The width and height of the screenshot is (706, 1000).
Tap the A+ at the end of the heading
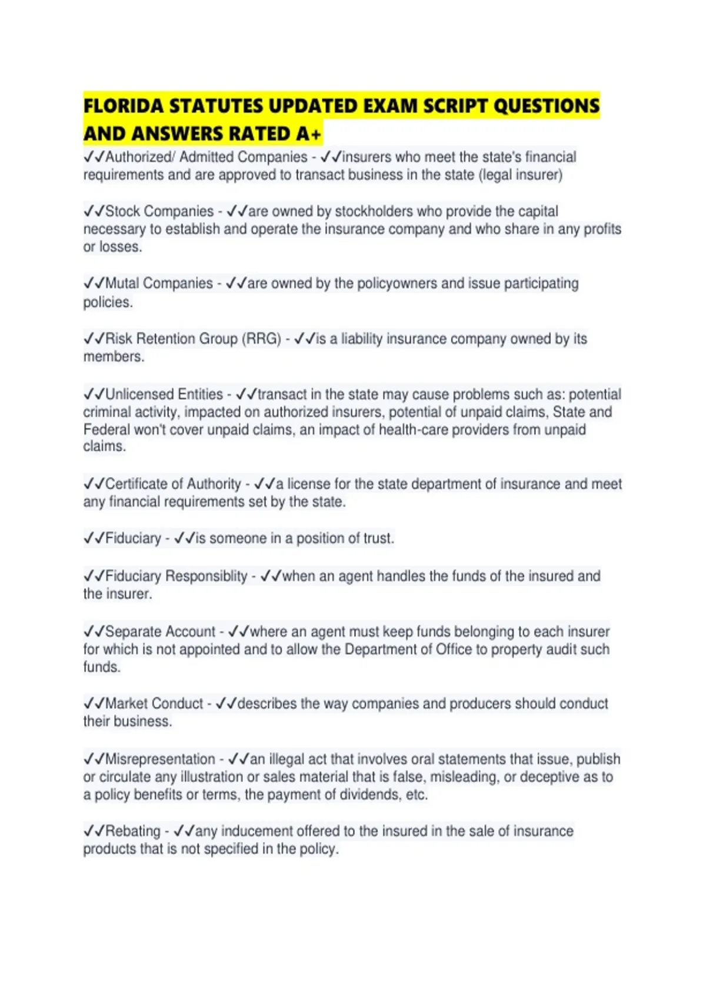pos(308,135)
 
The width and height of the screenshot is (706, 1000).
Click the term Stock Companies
pos(159,211)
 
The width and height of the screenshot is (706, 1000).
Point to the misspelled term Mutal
pos(122,284)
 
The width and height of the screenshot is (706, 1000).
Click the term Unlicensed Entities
pos(164,394)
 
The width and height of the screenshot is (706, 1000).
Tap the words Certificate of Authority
pos(173,484)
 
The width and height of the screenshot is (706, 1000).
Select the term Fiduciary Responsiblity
pos(176,576)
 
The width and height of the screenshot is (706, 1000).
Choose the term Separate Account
pos(160,632)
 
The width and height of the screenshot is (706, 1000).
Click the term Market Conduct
pos(154,704)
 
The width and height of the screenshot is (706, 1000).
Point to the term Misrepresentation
pos(160,759)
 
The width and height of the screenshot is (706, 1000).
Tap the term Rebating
pos(132,831)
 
